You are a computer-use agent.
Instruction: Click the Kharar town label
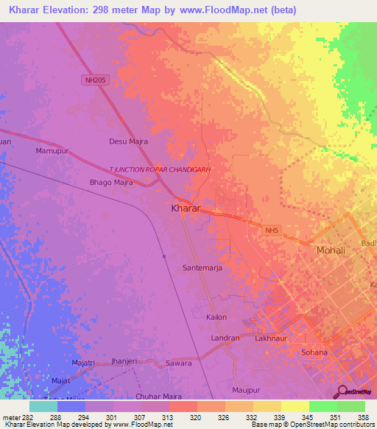click(186, 209)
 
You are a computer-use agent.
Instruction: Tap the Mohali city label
click(330, 251)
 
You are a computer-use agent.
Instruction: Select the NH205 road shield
click(92, 80)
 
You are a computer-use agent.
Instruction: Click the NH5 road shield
click(272, 231)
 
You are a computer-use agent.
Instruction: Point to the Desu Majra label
click(129, 141)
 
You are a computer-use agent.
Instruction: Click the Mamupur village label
click(52, 150)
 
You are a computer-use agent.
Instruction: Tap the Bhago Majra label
click(111, 182)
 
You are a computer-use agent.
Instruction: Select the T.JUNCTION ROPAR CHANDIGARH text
click(160, 169)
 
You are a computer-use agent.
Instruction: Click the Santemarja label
click(202, 268)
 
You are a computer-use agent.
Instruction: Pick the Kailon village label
click(216, 317)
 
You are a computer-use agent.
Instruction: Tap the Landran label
click(225, 338)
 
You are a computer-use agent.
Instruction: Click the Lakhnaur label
click(269, 338)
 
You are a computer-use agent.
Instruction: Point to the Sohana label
click(314, 352)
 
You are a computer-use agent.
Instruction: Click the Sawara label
click(178, 363)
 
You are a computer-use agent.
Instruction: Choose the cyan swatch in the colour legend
click(43, 406)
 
